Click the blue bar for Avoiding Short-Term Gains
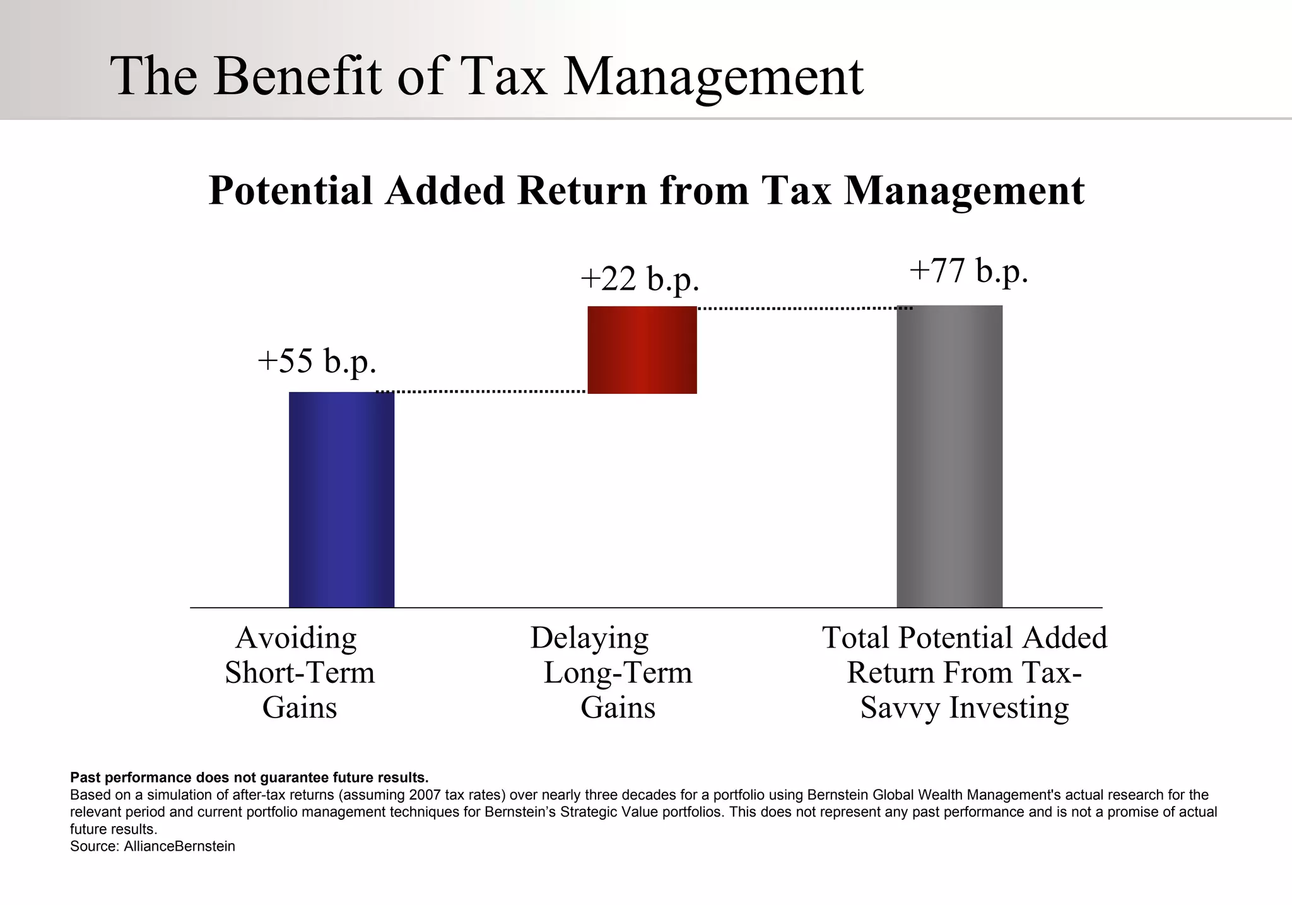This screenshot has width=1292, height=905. [341, 499]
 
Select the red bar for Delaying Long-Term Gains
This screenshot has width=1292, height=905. [642, 350]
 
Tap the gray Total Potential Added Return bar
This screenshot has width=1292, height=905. [949, 456]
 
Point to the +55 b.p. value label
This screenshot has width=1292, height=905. [317, 362]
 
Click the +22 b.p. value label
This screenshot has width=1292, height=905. [640, 279]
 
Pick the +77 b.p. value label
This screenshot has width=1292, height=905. [969, 271]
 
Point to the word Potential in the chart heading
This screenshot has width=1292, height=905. [291, 191]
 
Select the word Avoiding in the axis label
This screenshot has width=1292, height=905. [296, 638]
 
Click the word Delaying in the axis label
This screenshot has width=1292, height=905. [589, 638]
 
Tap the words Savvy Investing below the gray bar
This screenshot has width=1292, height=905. [965, 707]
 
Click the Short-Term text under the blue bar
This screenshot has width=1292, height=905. [300, 673]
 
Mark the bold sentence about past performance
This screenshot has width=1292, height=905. [249, 777]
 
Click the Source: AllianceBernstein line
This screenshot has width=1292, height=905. [153, 846]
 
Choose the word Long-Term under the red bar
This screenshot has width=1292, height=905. [618, 673]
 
